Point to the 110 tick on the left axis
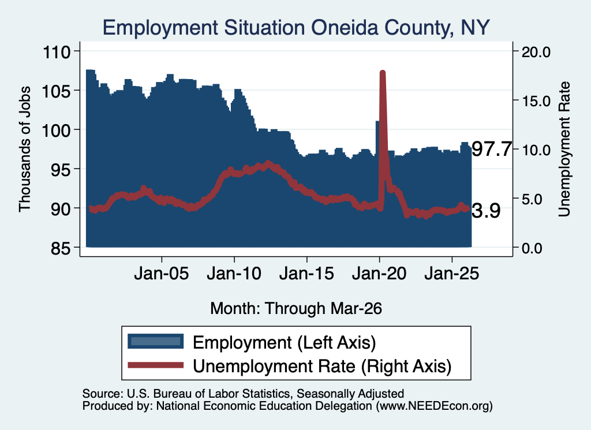pos(57,51)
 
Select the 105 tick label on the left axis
pos(57,91)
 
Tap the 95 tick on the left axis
pos(61,169)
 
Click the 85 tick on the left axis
pos(61,248)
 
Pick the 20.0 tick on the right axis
pos(536,52)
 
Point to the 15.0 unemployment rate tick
pos(536,101)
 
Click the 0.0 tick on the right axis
pos(532,248)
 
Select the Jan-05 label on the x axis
pos(162,273)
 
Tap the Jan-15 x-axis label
pos(306,273)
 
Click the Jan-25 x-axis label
pos(451,273)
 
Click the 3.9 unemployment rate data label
pos(486,211)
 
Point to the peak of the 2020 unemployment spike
pos(383,72)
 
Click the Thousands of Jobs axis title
pos(24,149)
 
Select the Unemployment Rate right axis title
pos(564,149)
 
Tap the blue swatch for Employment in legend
pos(156,342)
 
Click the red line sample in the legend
pos(156,365)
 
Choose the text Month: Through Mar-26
pos(296,308)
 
